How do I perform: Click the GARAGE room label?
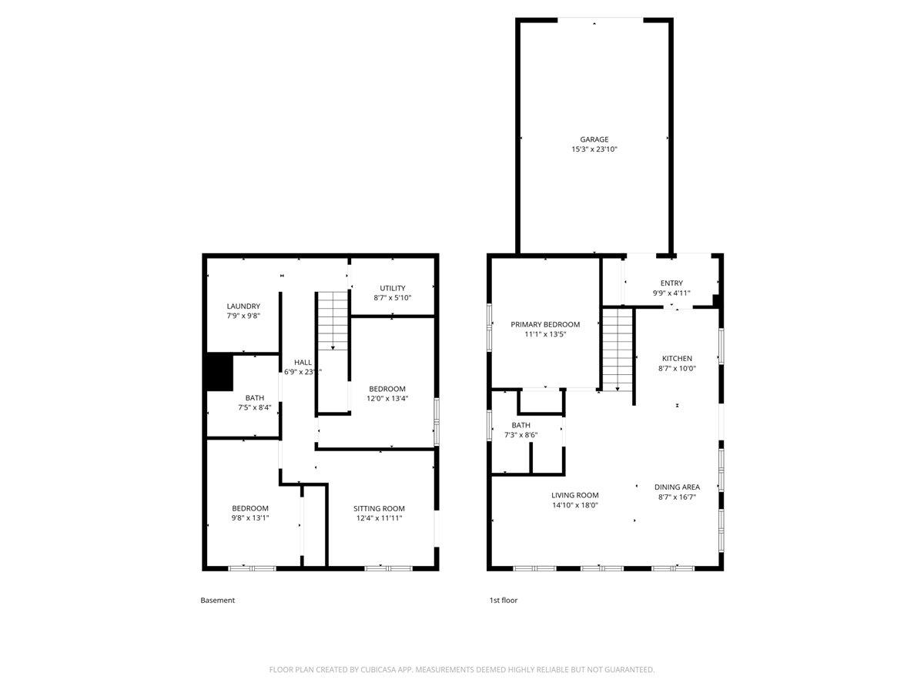coord(594,139)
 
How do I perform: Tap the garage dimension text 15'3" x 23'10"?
coord(594,149)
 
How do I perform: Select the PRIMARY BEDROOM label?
coord(545,324)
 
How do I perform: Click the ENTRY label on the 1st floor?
coord(671,283)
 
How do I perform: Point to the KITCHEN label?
coord(677,358)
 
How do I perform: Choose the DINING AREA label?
coord(677,487)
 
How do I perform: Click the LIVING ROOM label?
coord(574,495)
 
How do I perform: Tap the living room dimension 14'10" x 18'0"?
coord(574,505)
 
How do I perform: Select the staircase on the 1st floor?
coord(617,348)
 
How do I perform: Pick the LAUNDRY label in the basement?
coord(243,306)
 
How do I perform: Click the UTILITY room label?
coord(392,288)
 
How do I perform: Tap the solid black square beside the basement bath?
coord(219,372)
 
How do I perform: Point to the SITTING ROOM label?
coord(379,508)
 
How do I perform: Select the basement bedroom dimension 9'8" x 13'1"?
coord(250,518)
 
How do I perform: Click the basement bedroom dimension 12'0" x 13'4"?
coord(387,399)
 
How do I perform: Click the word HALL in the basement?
coord(303,362)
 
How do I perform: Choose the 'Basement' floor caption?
coord(218,600)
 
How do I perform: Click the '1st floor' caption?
coord(504,600)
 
